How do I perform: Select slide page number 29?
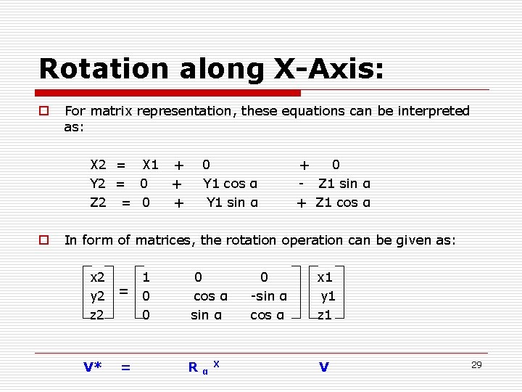476,364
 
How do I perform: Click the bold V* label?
92,367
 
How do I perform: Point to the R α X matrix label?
204,366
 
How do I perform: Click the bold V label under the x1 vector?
323,367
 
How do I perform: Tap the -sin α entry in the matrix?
268,295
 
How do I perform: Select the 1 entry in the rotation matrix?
146,277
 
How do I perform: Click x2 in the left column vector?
97,277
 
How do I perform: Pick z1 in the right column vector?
325,314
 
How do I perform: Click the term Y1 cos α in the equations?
230,184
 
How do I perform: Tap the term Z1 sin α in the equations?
344,184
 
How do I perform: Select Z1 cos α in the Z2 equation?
342,203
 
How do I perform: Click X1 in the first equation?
150,165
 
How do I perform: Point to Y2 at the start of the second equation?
98,184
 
